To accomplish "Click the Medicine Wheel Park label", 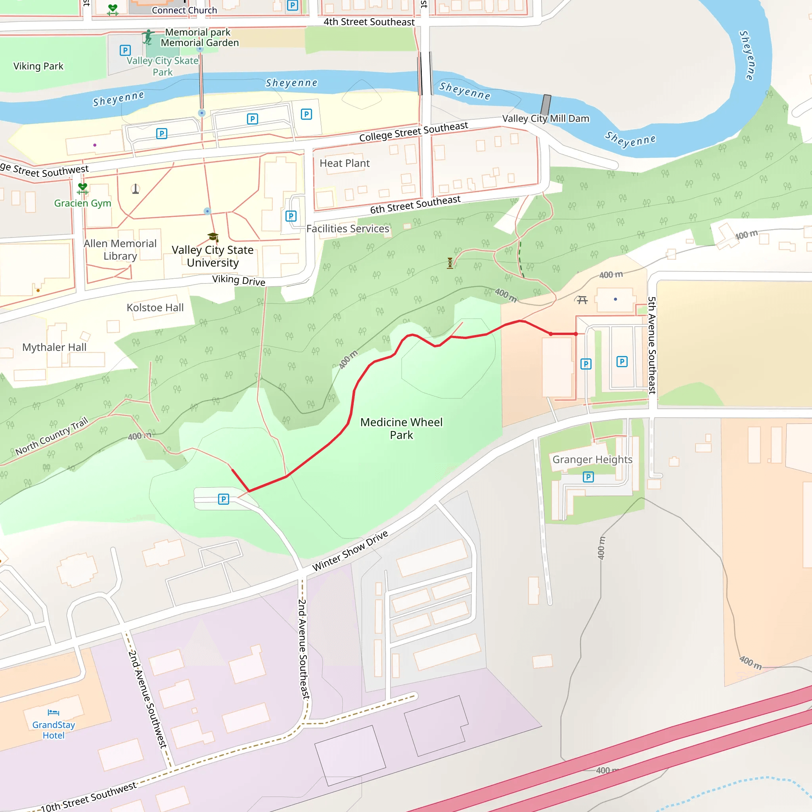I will click(401, 428).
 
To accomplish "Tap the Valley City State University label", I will click(213, 256).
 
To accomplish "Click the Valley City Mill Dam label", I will click(546, 119).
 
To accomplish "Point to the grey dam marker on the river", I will click(546, 104).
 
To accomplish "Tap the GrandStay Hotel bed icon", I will click(54, 712).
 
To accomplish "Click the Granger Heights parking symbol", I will click(588, 477).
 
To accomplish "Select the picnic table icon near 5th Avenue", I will click(582, 300).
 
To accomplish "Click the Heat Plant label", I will click(344, 163).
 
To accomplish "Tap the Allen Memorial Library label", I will click(120, 250).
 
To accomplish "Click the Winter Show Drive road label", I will click(350, 551).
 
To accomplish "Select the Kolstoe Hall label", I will click(155, 308).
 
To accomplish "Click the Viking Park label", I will click(38, 66).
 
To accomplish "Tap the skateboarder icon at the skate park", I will click(147, 37).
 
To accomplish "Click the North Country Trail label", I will click(52, 436).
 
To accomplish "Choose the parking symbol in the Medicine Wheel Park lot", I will click(224, 499).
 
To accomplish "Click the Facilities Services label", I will click(348, 229).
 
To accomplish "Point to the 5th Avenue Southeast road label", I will click(651, 345).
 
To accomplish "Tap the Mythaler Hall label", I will click(54, 347).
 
